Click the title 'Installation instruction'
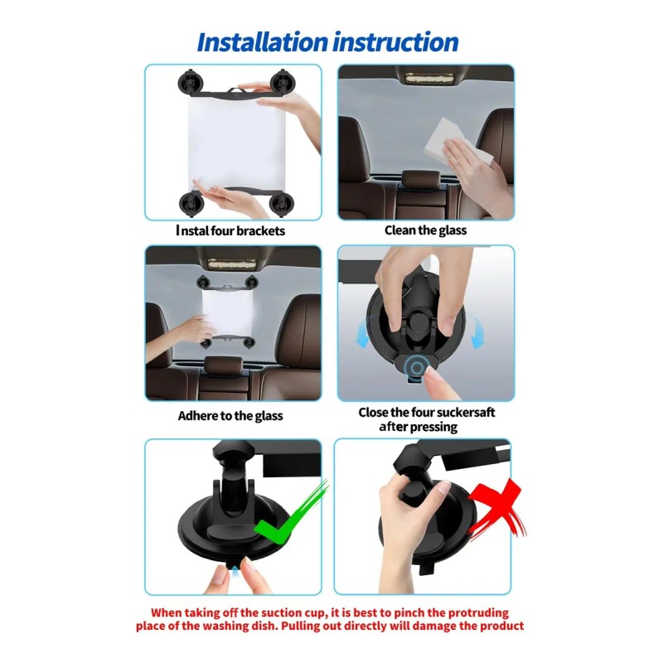click(327, 41)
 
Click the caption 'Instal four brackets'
click(230, 230)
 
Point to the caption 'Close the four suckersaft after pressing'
click(426, 419)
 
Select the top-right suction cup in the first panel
click(284, 83)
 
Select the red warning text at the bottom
click(330, 619)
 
